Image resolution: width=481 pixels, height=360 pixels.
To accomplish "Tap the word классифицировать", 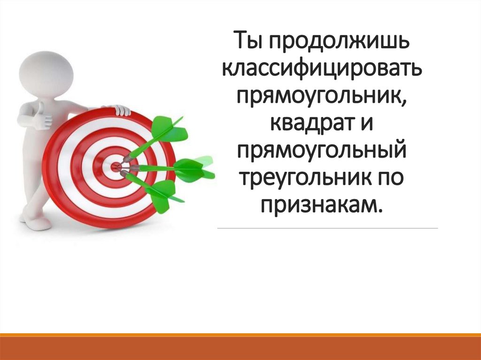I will point(327,69).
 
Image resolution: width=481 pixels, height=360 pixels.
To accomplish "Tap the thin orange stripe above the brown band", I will point(240,335).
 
